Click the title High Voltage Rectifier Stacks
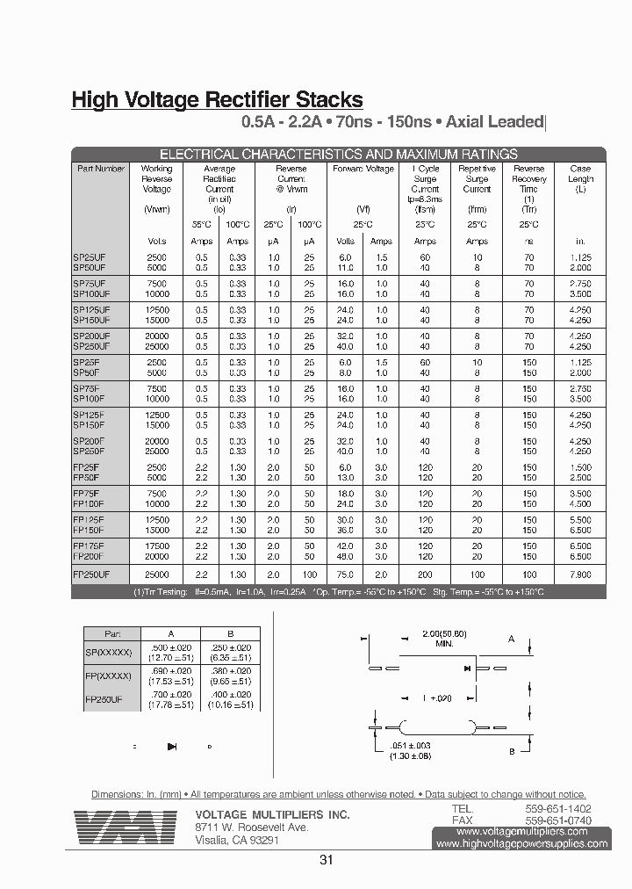217,101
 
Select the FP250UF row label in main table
91,574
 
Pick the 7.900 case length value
579,574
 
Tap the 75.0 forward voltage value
345,574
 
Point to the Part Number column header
100,169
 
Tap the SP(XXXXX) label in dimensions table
108,653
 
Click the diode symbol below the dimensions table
172,747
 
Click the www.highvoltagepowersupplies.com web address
521,843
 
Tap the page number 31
327,860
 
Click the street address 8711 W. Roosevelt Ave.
251,828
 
